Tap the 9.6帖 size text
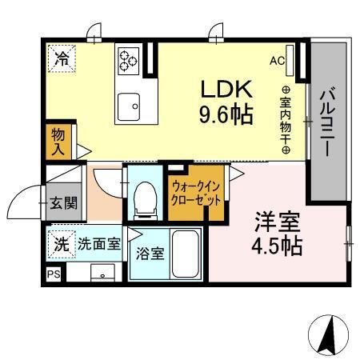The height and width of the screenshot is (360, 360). tap(226, 114)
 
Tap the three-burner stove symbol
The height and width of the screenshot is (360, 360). tap(129, 58)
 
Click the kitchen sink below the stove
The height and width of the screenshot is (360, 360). tap(129, 103)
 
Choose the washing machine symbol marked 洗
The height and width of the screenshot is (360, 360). tap(61, 243)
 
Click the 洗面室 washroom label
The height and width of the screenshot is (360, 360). tap(98, 243)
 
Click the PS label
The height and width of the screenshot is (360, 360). tap(53, 274)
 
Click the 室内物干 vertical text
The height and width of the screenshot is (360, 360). tap(285, 121)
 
